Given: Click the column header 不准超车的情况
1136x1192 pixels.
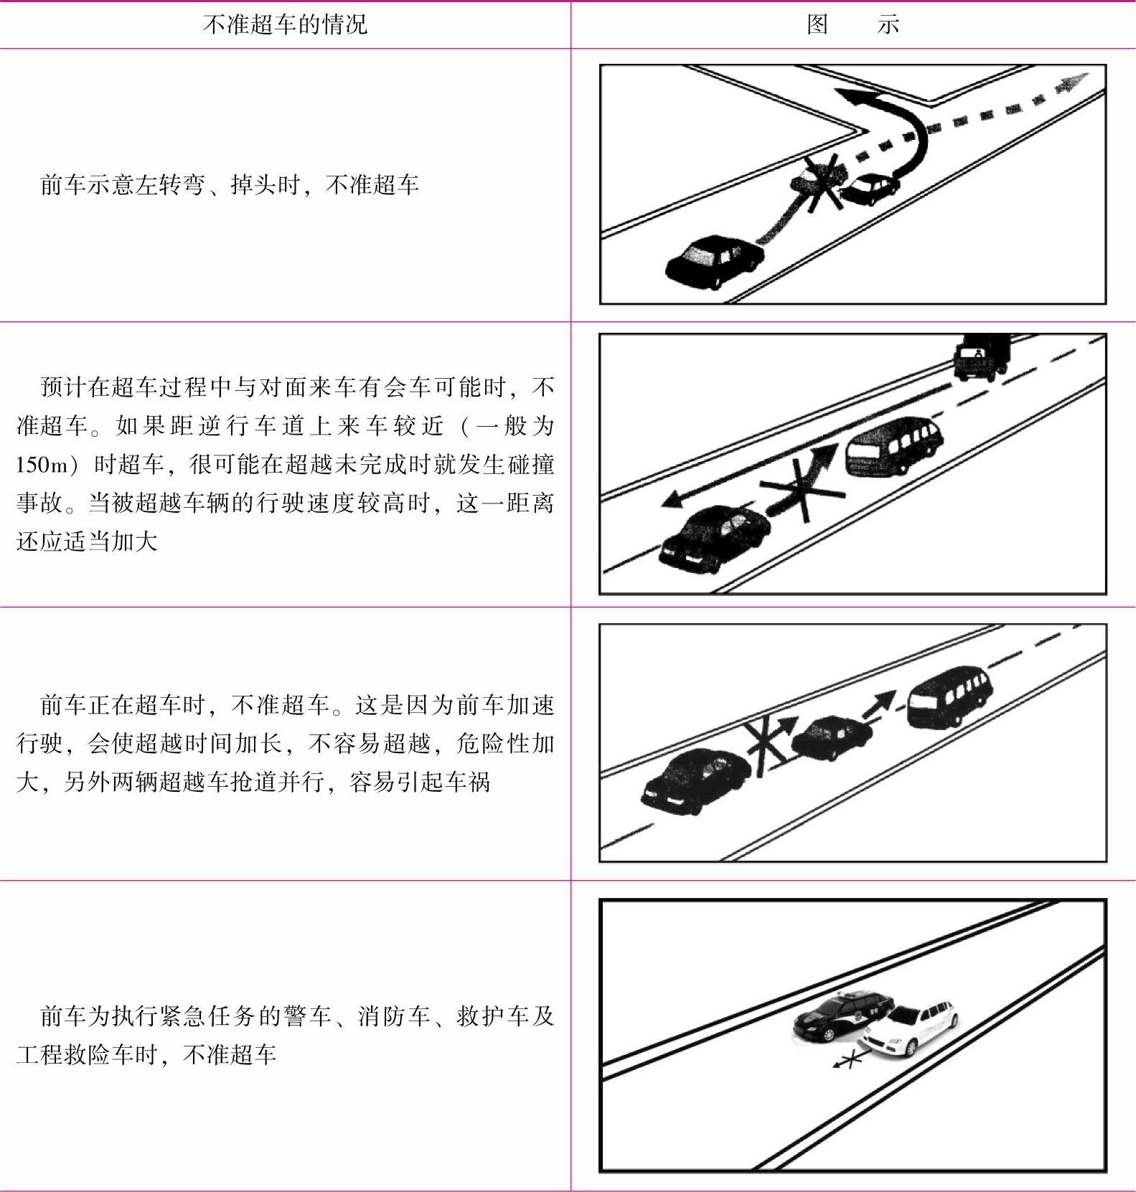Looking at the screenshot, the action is tap(285, 25).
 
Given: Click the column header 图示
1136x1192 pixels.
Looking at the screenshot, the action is tap(853, 25).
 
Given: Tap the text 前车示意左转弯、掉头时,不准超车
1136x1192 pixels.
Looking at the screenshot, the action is tap(230, 185).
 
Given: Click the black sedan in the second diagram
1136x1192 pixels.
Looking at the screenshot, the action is tap(714, 538).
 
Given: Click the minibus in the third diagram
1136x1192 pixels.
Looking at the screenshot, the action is tap(950, 696).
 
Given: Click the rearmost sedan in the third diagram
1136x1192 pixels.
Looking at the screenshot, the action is tap(696, 780).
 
